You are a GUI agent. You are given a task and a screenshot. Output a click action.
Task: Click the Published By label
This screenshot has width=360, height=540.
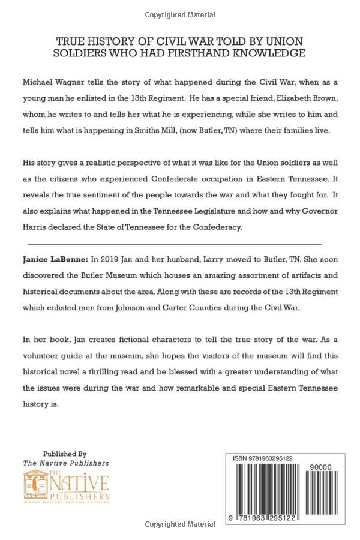(x=65, y=454)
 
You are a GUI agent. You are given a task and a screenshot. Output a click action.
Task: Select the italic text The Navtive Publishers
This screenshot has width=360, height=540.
(x=66, y=463)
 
